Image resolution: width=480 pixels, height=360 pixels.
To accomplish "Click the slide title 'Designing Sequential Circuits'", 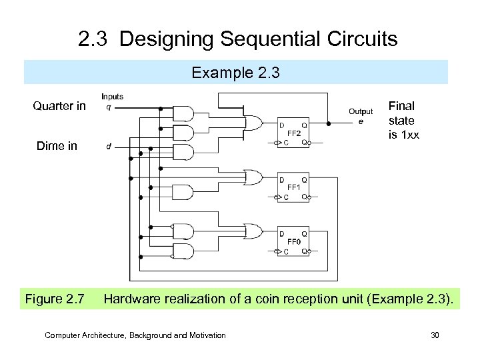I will click(x=259, y=39).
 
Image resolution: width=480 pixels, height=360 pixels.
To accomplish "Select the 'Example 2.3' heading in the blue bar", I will click(x=236, y=72).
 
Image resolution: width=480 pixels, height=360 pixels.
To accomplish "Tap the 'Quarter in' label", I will click(x=59, y=106).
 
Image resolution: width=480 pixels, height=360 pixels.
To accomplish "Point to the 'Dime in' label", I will click(x=57, y=146).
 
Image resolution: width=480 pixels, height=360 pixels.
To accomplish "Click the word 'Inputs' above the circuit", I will click(x=113, y=97).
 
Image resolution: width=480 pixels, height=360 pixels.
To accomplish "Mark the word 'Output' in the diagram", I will click(x=361, y=111).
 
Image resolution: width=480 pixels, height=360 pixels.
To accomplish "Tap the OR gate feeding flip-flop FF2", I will click(x=255, y=123).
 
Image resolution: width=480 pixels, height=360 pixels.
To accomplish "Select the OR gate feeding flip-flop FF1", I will click(x=254, y=178).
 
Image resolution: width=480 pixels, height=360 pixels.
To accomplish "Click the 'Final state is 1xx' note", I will click(x=403, y=121).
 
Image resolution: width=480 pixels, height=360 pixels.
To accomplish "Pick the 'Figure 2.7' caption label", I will click(x=55, y=299).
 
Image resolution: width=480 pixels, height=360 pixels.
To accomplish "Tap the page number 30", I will click(x=435, y=335).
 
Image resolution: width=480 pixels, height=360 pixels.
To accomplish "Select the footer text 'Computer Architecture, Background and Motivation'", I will click(x=135, y=335).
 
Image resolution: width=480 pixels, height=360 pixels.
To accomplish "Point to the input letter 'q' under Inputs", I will click(x=109, y=107).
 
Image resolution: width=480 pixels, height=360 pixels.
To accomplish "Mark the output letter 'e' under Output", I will click(x=361, y=121).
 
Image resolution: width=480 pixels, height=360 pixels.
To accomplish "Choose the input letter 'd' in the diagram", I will click(x=109, y=147).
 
